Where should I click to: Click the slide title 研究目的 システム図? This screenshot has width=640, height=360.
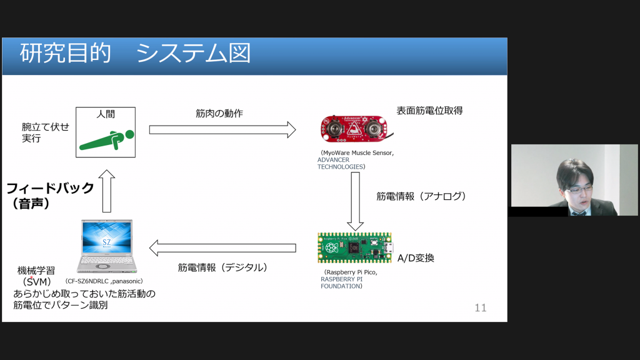135,54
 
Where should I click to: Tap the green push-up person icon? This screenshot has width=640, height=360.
106,141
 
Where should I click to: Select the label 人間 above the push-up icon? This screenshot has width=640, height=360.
106,114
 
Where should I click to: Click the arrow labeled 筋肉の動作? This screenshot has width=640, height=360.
222,129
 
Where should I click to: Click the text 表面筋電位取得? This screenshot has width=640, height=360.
429,111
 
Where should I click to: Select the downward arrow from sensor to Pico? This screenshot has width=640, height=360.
355,200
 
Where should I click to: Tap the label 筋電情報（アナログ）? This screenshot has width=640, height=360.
421,196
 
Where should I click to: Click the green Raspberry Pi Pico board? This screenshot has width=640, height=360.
354,247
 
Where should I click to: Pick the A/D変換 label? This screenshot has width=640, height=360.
416,257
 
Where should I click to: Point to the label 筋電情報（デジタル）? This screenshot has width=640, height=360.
222,267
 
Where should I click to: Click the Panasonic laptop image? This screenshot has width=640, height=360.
106,246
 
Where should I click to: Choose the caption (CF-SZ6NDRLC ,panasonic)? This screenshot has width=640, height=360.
108,281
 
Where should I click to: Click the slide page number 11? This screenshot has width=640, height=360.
480,307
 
